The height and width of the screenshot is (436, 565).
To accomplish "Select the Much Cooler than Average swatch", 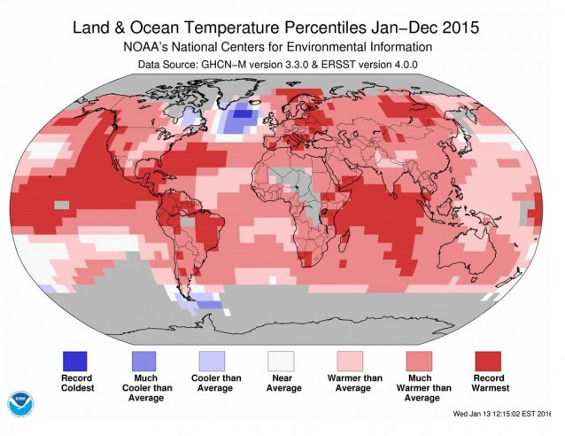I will (144, 361).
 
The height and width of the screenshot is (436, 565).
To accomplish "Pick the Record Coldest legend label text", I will (75, 387).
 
